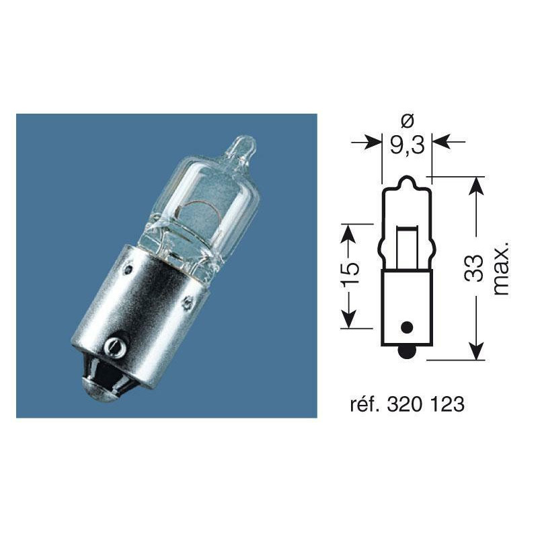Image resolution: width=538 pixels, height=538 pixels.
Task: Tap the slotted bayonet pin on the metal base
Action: pos(113,347)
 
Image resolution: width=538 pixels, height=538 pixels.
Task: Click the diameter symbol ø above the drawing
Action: pos(406,121)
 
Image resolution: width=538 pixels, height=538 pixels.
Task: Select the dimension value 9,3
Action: pos(406,144)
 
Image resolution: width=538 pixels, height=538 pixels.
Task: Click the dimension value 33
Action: pos(475,269)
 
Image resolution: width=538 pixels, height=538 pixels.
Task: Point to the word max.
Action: pos(501,269)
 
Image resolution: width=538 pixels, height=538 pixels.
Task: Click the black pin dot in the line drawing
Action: pos(406,328)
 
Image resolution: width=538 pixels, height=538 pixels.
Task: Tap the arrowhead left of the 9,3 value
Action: pos(372,143)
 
